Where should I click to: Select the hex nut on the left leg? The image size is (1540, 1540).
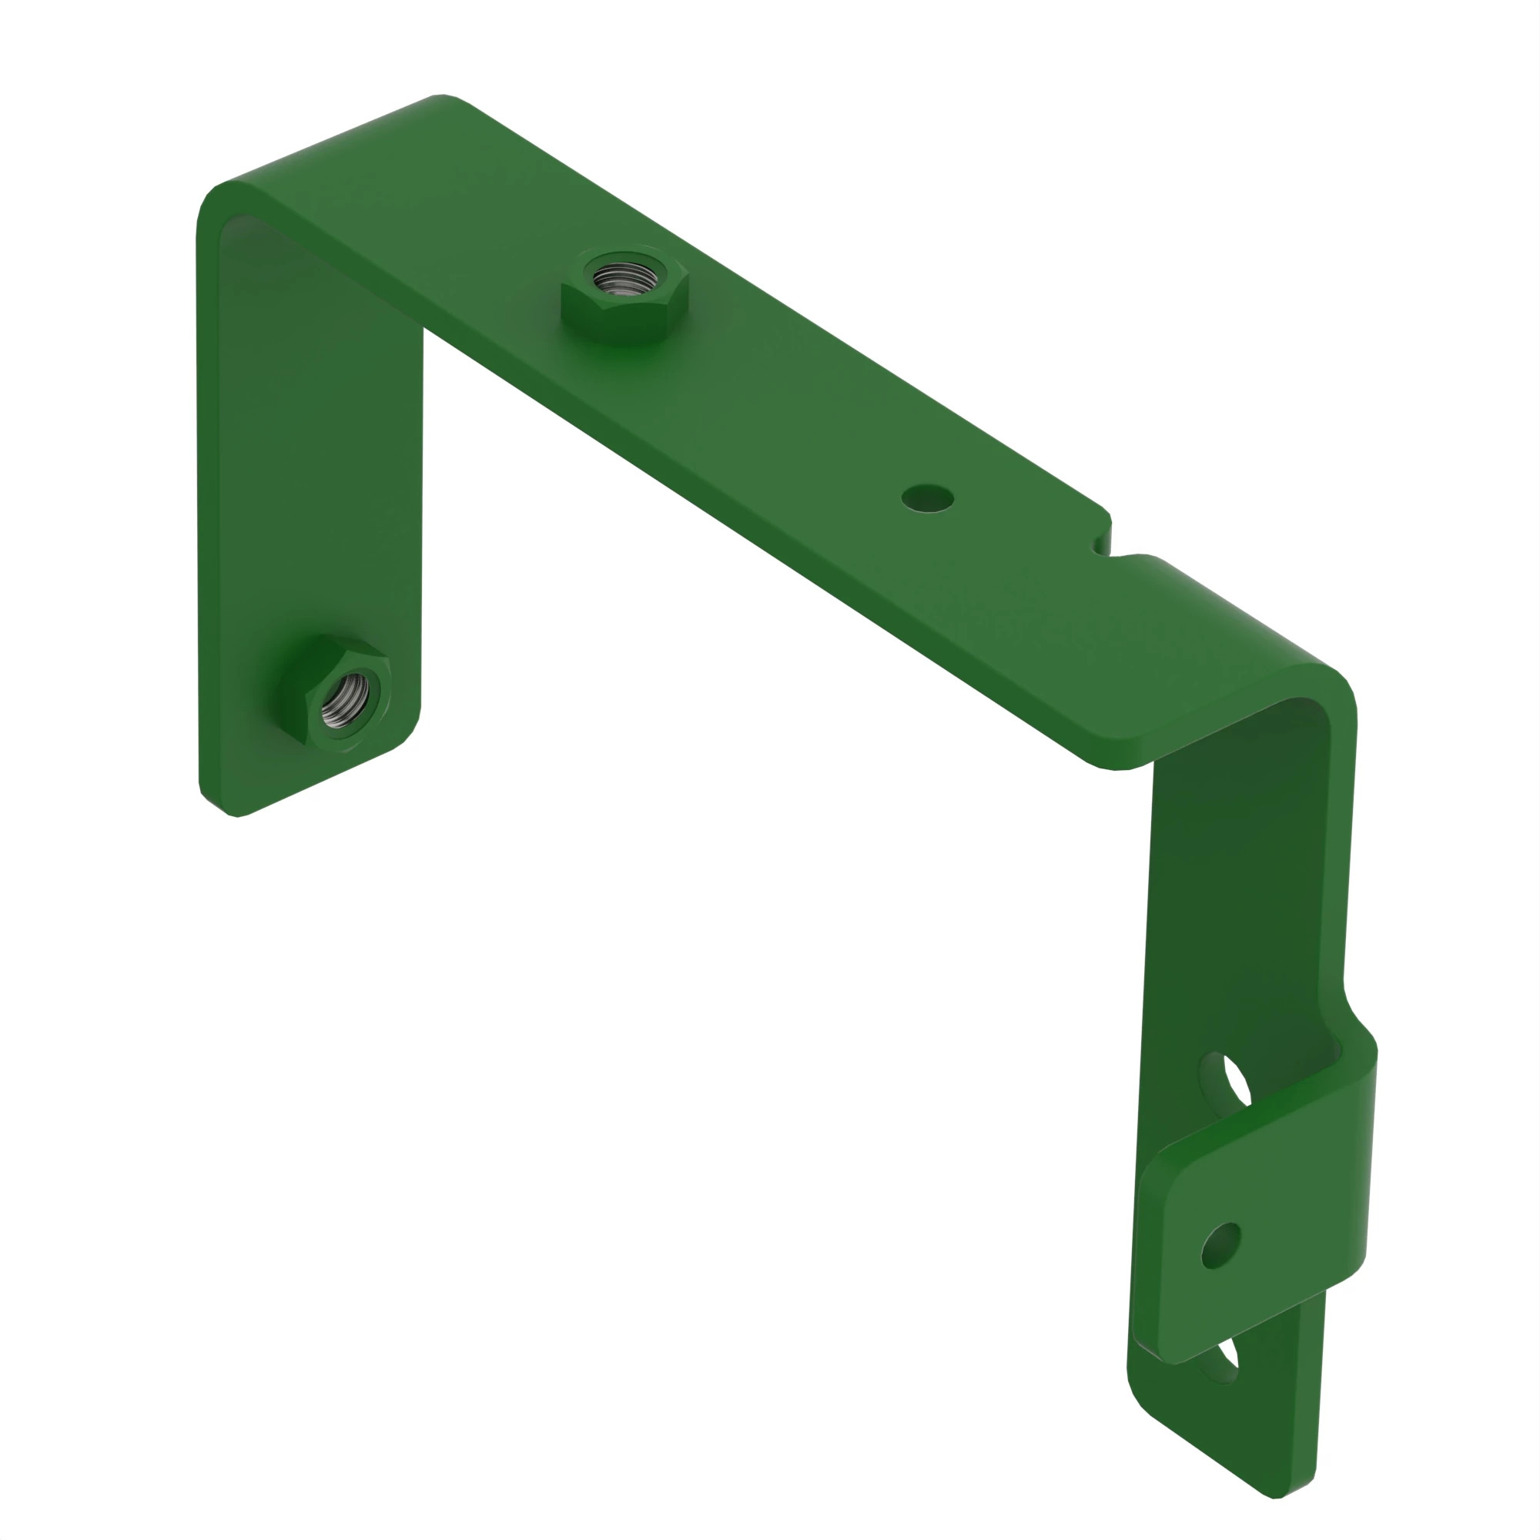click(347, 693)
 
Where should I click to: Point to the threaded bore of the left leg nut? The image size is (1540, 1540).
click(345, 701)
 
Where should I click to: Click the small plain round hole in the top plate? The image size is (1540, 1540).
click(927, 498)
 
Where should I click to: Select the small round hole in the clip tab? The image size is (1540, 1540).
click(1220, 1246)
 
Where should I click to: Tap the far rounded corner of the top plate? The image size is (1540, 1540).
click(443, 99)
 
